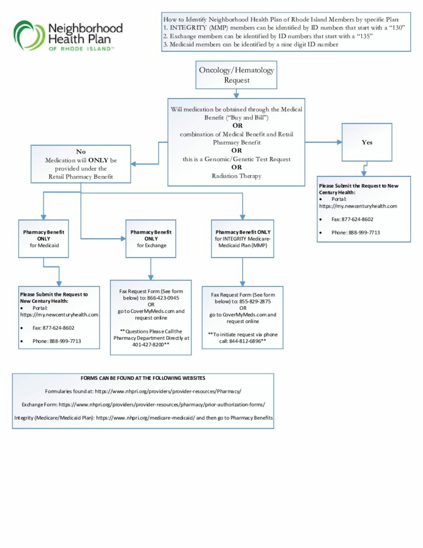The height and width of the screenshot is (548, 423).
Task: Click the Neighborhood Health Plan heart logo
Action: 29,35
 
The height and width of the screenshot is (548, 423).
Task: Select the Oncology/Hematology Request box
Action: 236,75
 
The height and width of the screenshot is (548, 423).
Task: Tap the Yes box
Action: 367,142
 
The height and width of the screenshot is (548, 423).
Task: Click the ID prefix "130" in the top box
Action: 397,28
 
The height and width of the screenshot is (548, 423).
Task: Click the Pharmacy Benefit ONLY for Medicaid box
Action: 44,239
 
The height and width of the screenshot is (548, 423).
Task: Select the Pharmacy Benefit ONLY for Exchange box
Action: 151,239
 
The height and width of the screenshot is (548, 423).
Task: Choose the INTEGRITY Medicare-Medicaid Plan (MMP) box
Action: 242,239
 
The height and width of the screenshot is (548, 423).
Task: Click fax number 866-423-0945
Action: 163,298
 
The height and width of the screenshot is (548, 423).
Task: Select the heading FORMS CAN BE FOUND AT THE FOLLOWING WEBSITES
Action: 143,378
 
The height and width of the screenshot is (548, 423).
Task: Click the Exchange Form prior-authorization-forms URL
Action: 161,405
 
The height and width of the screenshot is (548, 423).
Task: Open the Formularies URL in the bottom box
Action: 168,391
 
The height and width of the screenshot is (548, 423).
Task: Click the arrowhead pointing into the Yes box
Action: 339,142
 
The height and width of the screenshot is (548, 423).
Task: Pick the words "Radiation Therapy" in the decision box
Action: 236,176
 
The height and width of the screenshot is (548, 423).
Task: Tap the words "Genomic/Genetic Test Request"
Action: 247,159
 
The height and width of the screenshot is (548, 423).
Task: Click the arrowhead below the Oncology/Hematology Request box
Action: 236,96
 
